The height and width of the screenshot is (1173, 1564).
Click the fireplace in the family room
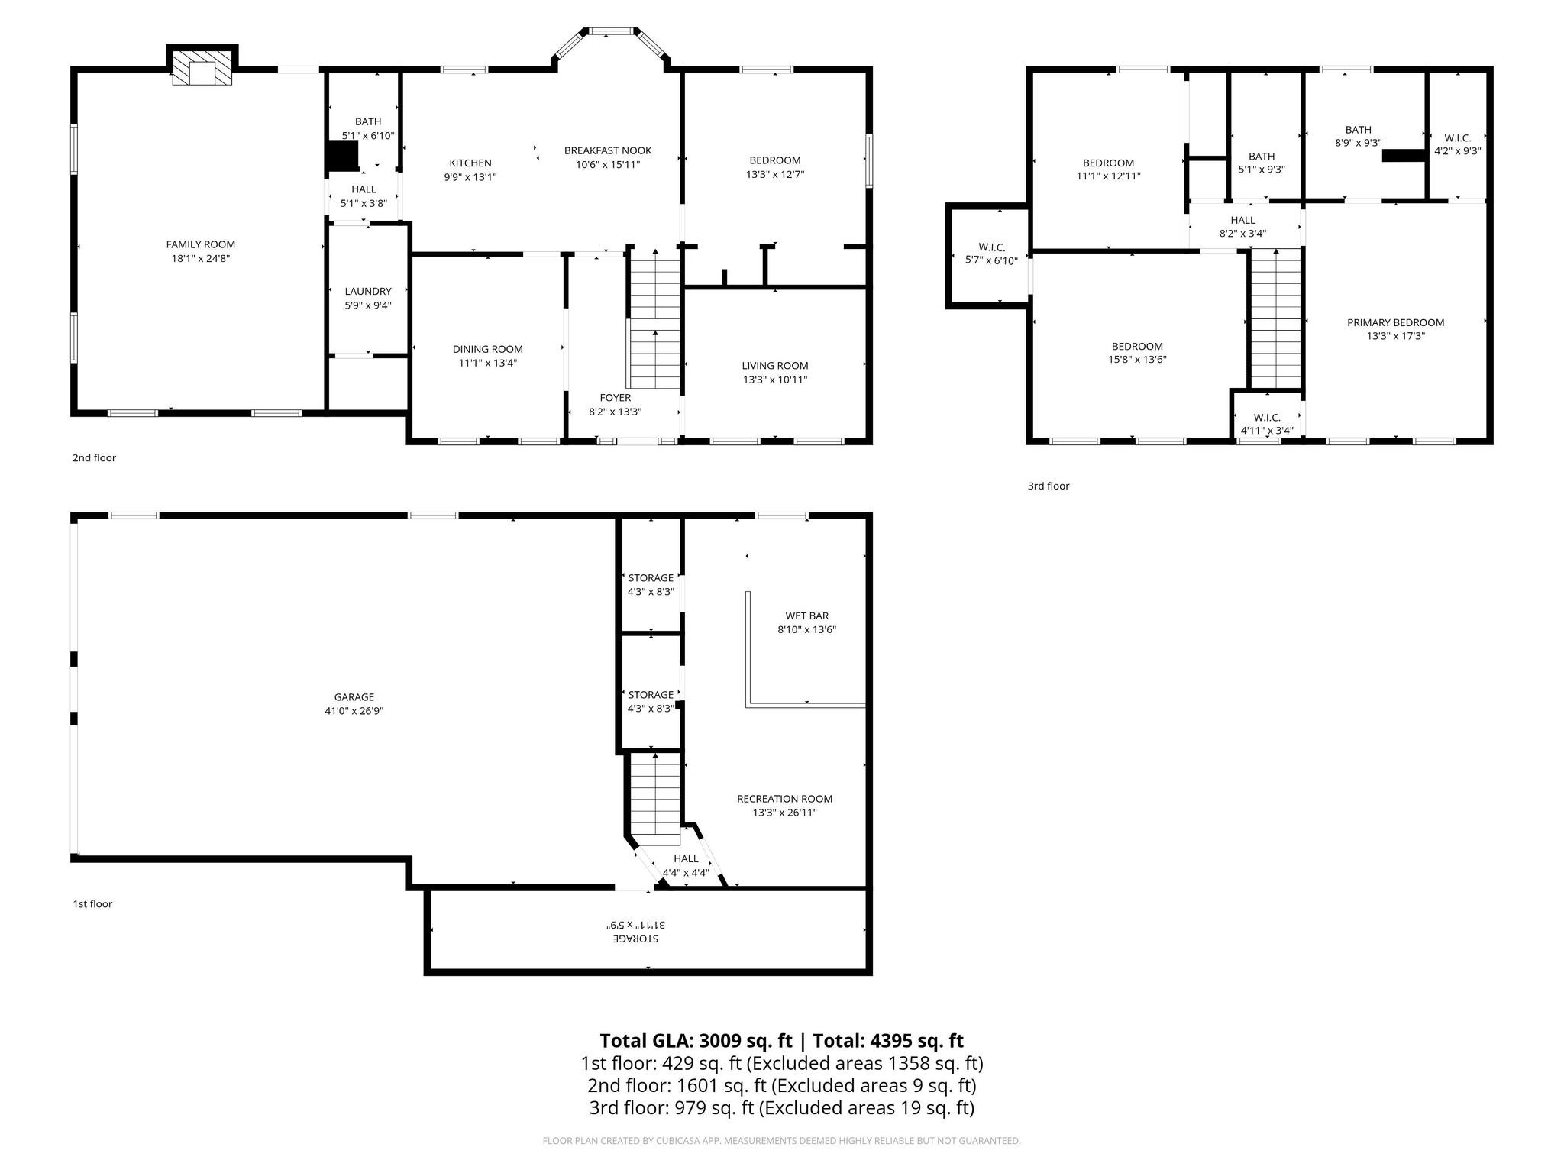202,69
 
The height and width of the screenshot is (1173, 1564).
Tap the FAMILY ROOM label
201,244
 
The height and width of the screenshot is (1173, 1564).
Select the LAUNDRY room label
368,291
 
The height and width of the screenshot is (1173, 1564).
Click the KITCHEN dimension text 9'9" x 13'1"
470,177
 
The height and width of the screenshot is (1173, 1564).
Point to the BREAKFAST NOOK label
608,150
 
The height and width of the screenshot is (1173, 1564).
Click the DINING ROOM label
487,349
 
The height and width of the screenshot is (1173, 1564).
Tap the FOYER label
615,398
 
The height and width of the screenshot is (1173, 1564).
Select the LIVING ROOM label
774,366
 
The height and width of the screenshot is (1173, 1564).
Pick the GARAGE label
354,696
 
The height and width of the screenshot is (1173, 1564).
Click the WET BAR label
806,616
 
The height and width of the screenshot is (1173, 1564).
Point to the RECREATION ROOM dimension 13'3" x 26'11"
784,813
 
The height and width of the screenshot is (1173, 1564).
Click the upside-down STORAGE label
636,938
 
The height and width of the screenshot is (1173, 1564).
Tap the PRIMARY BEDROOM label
1395,322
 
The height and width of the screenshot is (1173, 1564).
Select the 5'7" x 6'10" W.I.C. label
991,261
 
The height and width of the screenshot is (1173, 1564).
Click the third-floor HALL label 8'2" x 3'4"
1242,234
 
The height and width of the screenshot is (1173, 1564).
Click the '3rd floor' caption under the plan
1048,486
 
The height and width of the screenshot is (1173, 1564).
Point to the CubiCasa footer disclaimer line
781,1141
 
